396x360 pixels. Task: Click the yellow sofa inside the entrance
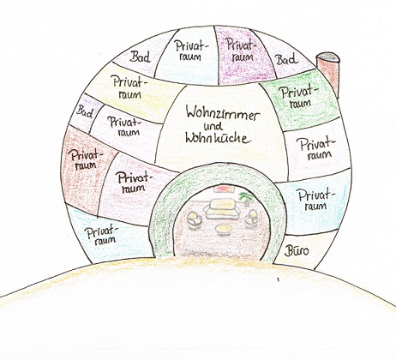pyautogui.click(x=222, y=209)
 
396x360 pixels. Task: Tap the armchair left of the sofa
pyautogui.click(x=195, y=219)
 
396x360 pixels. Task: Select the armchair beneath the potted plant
pyautogui.click(x=252, y=217)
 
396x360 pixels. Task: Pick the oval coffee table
pyautogui.click(x=224, y=230)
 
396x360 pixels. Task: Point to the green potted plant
pyautogui.click(x=246, y=198)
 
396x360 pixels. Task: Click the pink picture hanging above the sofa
pyautogui.click(x=225, y=189)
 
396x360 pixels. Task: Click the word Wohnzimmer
pyautogui.click(x=223, y=112)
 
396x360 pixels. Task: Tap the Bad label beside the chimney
pyautogui.click(x=286, y=60)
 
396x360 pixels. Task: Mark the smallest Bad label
pyautogui.click(x=85, y=111)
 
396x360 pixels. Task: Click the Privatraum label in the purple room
pyautogui.click(x=241, y=50)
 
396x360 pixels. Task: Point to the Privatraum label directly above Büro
pyautogui.click(x=316, y=200)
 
